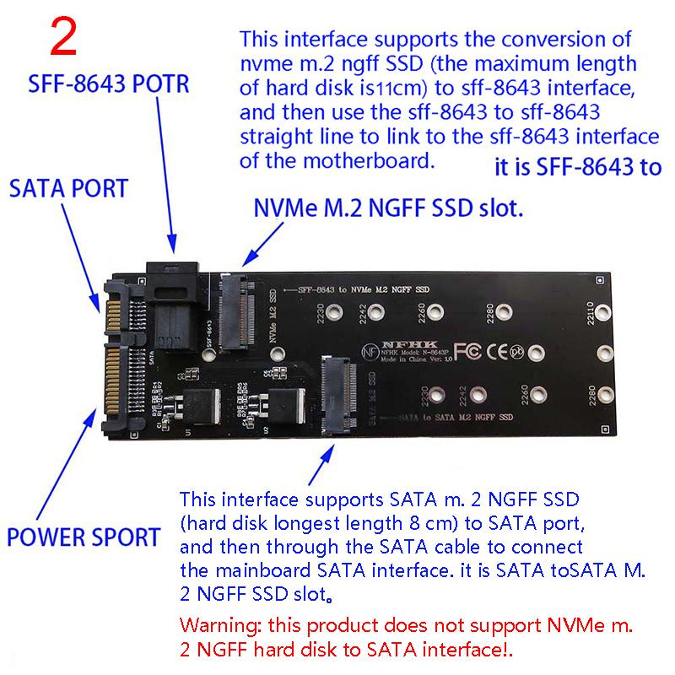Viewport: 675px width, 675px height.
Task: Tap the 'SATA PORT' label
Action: pos(70,187)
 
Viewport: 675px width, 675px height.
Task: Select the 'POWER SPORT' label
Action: pos(83,536)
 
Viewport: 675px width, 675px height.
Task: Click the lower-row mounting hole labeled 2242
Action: pos(478,394)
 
